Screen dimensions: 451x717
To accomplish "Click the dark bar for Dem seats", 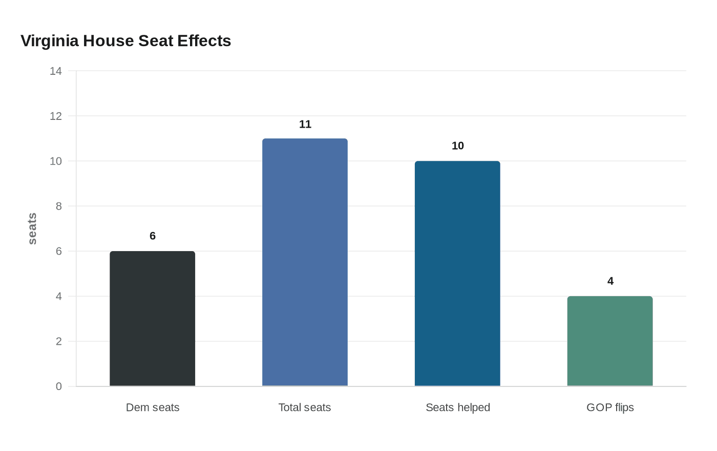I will pyautogui.click(x=152, y=318).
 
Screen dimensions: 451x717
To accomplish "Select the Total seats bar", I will pyautogui.click(x=305, y=262).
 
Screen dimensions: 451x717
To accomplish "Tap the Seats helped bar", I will pyautogui.click(x=457, y=273).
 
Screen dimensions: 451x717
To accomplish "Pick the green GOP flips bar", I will pyautogui.click(x=610, y=341).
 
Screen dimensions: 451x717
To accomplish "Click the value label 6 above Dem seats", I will pyautogui.click(x=153, y=236).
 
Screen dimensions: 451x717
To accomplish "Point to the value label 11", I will pyautogui.click(x=305, y=124).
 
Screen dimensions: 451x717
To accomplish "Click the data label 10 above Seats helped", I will pyautogui.click(x=458, y=146).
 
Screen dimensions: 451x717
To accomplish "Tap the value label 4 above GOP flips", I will pyautogui.click(x=610, y=281).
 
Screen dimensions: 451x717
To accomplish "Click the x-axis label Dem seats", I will pyautogui.click(x=153, y=407).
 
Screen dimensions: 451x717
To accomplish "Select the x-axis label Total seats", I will pyautogui.click(x=305, y=407).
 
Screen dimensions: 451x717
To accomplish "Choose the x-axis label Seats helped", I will pyautogui.click(x=458, y=407).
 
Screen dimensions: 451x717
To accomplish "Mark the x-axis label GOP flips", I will pyautogui.click(x=610, y=407).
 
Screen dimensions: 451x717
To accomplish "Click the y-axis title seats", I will pyautogui.click(x=32, y=229).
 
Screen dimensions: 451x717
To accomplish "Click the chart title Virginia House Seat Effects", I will pyautogui.click(x=126, y=40).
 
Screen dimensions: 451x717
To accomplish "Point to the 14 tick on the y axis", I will pyautogui.click(x=56, y=71).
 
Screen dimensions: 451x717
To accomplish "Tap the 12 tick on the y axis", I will pyautogui.click(x=56, y=116).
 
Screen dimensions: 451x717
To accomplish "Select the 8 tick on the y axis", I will pyautogui.click(x=59, y=207).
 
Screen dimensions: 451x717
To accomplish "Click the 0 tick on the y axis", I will pyautogui.click(x=59, y=386).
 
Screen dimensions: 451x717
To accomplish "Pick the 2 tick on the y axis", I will pyautogui.click(x=59, y=341).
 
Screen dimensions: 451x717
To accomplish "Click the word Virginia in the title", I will pyautogui.click(x=50, y=40).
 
